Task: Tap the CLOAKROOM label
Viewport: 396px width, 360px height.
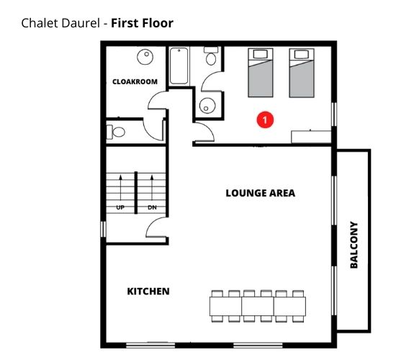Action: tap(135, 81)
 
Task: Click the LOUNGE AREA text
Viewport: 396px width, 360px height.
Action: tap(260, 193)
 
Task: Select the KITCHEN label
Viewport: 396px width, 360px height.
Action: tap(148, 292)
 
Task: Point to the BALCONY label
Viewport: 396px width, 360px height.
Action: tap(354, 245)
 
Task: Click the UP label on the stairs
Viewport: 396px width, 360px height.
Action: tap(120, 207)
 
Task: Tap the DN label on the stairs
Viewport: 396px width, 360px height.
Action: tap(152, 207)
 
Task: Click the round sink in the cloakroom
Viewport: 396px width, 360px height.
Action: tap(146, 56)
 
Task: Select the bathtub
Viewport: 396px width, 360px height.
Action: tap(179, 66)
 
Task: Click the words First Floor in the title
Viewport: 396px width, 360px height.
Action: tap(143, 23)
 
